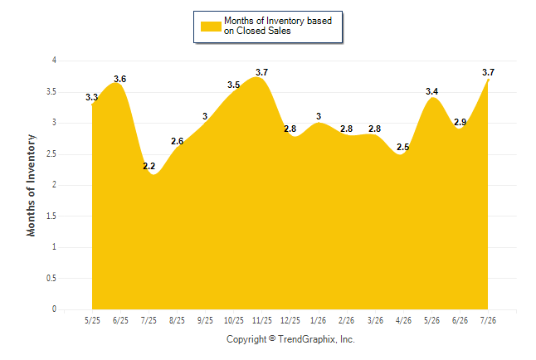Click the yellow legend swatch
(x=211, y=27)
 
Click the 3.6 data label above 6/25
(x=120, y=79)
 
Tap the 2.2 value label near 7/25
(x=149, y=166)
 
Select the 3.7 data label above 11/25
(x=262, y=72)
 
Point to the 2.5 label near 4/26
(x=403, y=147)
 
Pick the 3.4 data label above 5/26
(x=431, y=91)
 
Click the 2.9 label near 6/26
(x=460, y=122)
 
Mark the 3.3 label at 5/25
(x=91, y=97)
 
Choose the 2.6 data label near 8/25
(x=178, y=141)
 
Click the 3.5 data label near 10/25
(x=234, y=85)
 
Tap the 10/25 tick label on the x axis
(x=234, y=320)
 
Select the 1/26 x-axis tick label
(x=319, y=320)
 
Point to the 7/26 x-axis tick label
(x=488, y=320)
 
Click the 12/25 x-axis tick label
(x=290, y=320)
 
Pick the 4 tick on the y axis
(x=54, y=61)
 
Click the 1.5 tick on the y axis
(x=51, y=216)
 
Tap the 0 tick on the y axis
(x=54, y=309)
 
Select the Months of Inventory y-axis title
(x=31, y=185)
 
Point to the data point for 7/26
(x=488, y=80)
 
